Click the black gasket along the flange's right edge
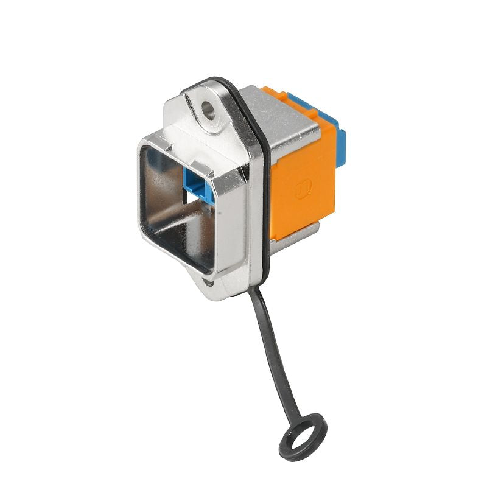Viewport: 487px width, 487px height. click(268, 201)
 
